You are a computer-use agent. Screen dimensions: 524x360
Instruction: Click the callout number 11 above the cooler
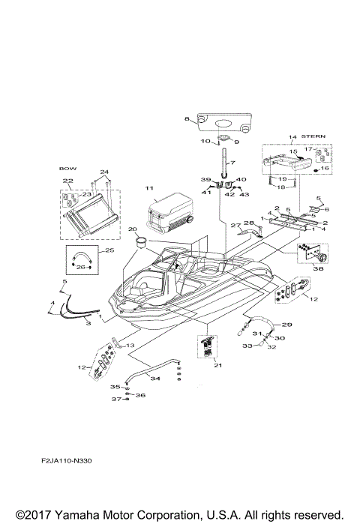tap(149, 187)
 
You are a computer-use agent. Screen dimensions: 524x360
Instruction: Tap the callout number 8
tap(187, 119)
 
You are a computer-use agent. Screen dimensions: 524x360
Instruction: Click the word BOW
tap(68, 169)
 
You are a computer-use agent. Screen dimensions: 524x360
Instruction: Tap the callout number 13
tap(132, 345)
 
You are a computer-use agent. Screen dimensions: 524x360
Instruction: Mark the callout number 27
tap(234, 224)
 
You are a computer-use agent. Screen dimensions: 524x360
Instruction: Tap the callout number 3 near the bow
tap(88, 322)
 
